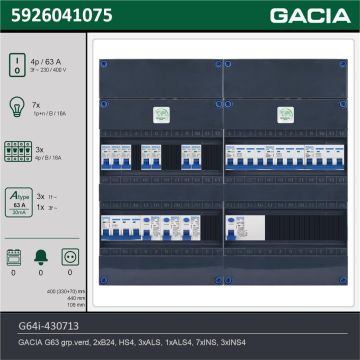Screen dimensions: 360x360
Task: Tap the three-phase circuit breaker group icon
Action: point(18,151)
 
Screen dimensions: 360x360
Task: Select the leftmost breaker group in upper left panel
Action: point(117,158)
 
